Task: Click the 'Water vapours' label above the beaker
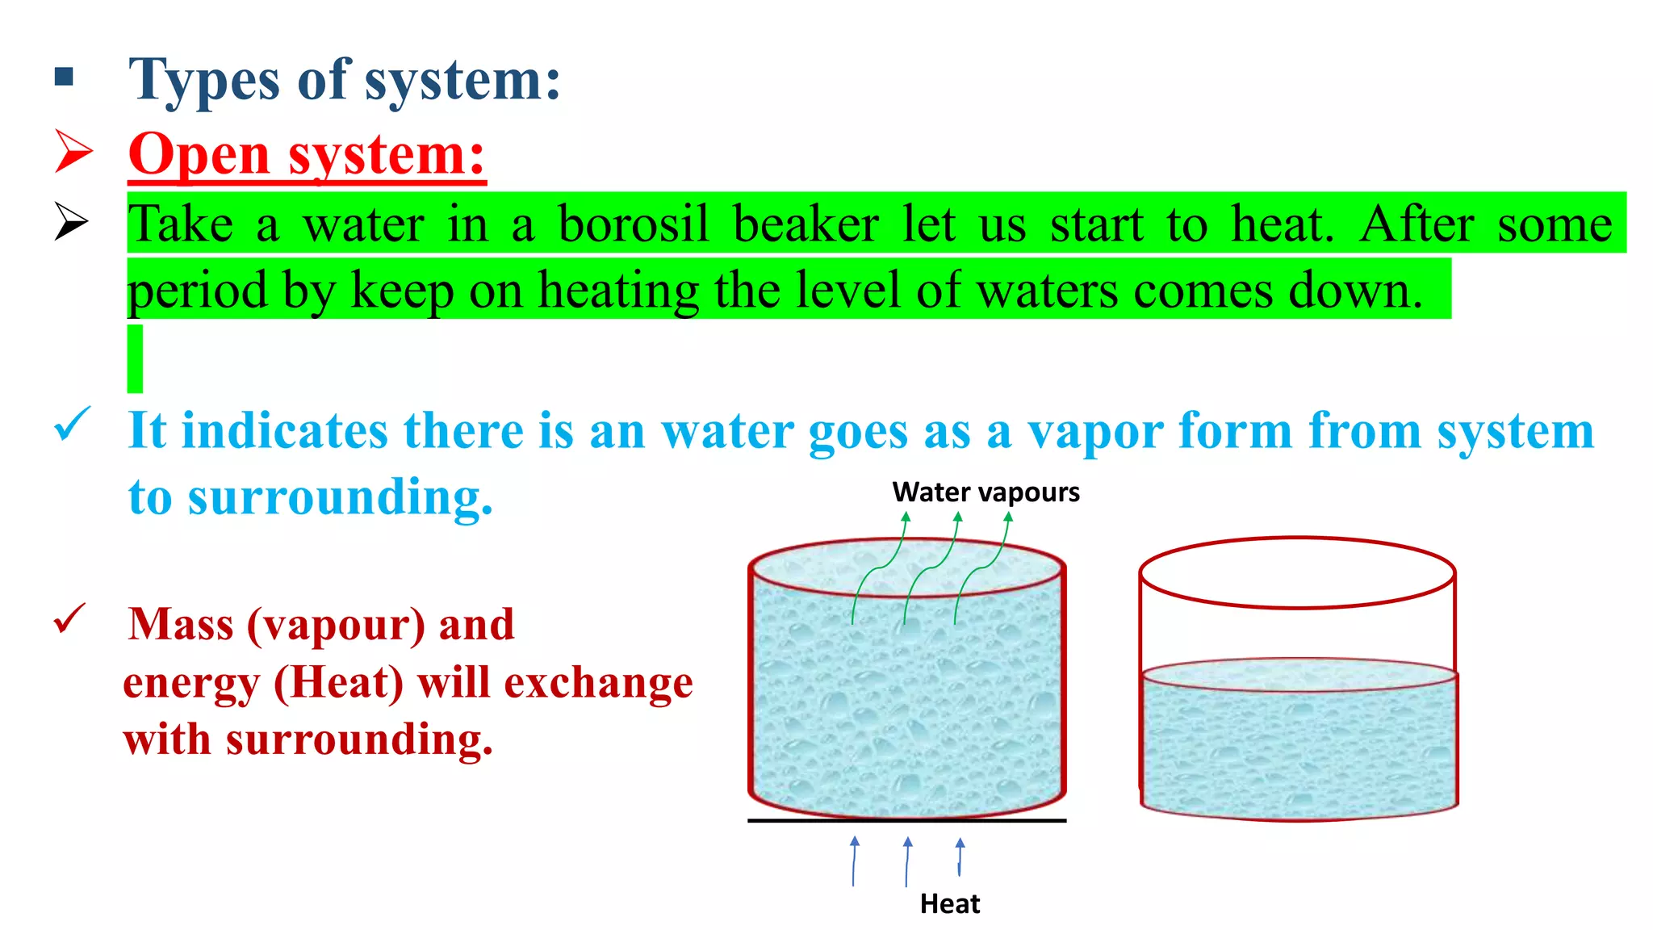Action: pos(986,492)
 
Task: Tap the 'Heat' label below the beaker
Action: pos(949,903)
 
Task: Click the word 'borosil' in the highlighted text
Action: pos(634,224)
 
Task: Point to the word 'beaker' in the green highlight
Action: pos(806,224)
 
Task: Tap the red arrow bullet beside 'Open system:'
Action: pos(73,151)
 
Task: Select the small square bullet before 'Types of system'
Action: pos(64,77)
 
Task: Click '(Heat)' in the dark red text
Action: pos(338,683)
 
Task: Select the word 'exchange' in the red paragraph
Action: pos(598,683)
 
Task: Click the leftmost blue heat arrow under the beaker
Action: pos(854,861)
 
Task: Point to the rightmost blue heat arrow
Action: pos(960,857)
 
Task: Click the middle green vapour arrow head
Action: pos(958,517)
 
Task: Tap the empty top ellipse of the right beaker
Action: pos(1297,572)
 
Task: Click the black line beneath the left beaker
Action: pos(906,820)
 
